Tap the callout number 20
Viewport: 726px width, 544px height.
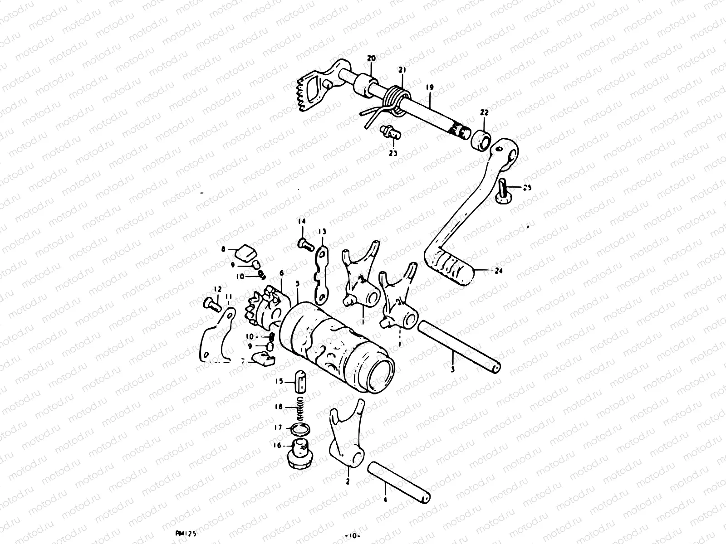click(372, 58)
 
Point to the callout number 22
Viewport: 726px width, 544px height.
click(484, 112)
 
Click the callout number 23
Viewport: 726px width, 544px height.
click(392, 153)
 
